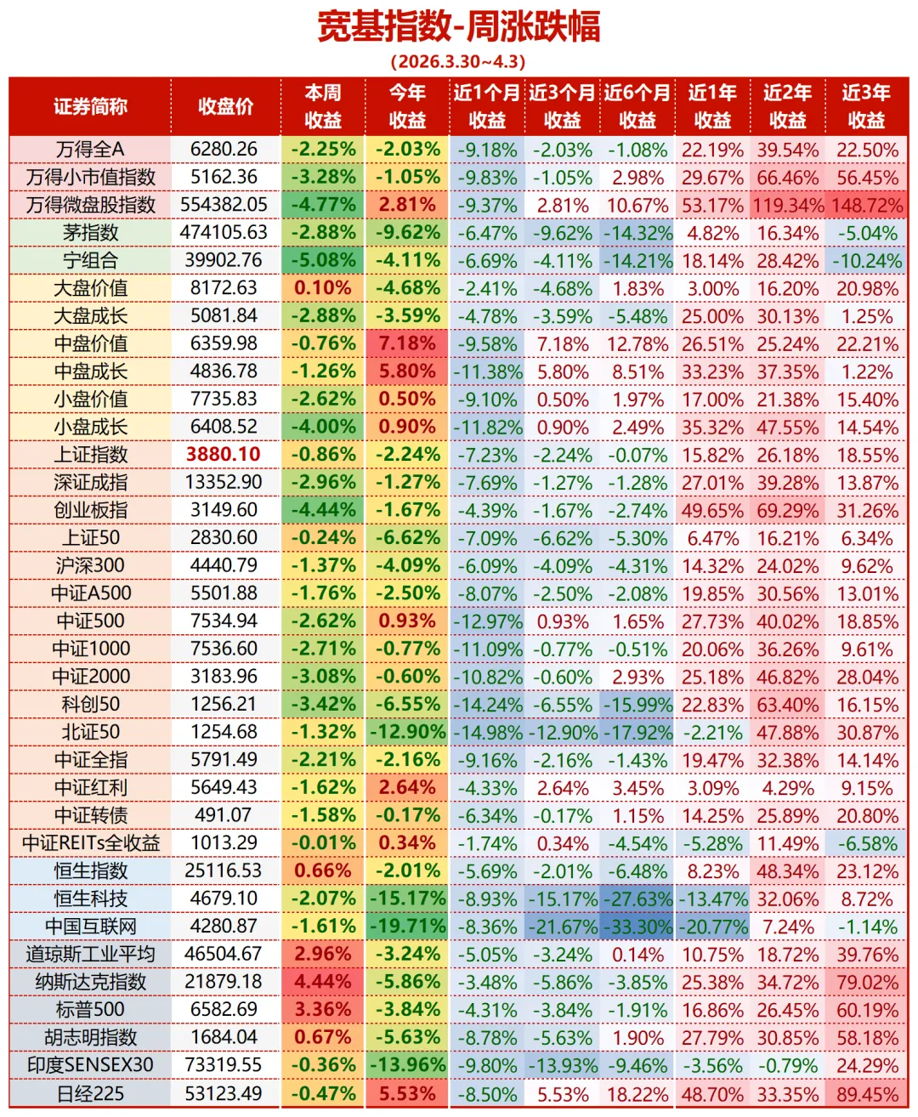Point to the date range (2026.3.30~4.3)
458,62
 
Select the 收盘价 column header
225,106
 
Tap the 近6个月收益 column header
637,106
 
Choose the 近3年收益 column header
866,106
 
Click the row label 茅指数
90,233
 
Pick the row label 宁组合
90,260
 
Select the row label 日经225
90,1093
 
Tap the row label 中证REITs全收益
90,843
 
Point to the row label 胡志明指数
90,1038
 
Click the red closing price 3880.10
224,455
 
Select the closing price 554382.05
224,205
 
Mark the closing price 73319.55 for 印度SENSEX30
224,1065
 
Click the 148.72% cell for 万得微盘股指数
867,206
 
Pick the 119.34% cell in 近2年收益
788,206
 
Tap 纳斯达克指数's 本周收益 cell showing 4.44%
323,982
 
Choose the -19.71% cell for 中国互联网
407,927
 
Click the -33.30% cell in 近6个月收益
637,927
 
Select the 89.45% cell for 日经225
867,1094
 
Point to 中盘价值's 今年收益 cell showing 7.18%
407,343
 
